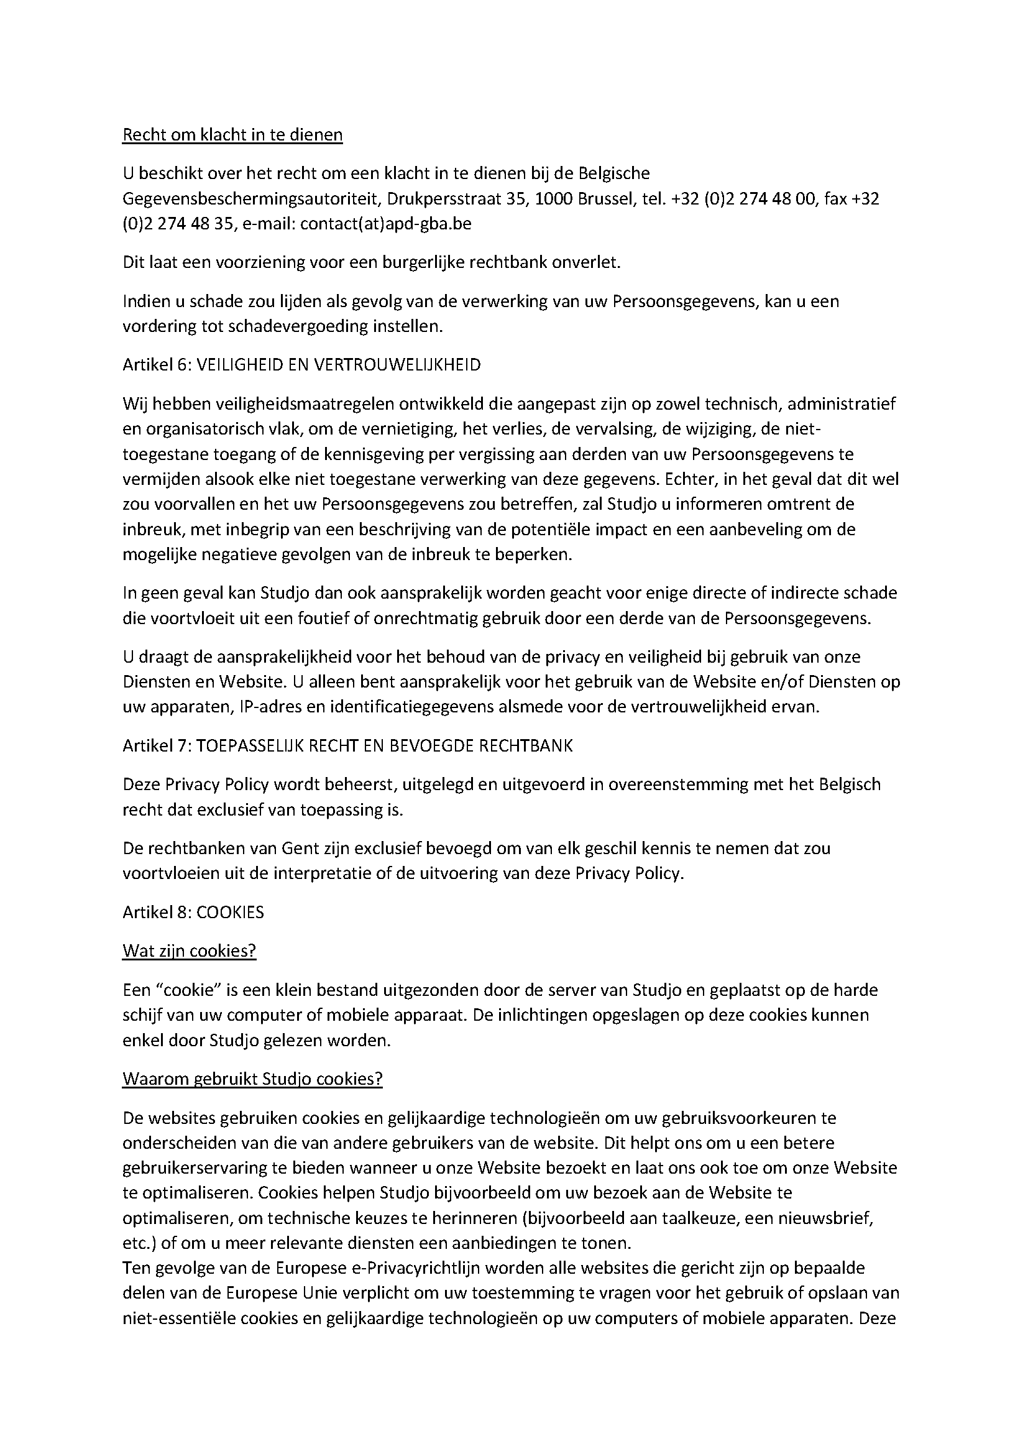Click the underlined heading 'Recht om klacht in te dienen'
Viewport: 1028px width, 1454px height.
(x=232, y=135)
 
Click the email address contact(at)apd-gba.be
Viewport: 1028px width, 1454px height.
(x=385, y=224)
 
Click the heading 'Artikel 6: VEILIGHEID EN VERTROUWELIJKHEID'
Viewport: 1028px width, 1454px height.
(x=301, y=365)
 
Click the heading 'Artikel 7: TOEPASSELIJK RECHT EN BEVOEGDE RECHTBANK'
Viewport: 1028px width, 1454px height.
(x=347, y=746)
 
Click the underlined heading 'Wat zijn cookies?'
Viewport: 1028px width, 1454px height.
(x=190, y=950)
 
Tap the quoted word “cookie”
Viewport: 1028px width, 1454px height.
(x=187, y=989)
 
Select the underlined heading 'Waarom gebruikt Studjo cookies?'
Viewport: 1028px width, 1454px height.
(x=252, y=1079)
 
